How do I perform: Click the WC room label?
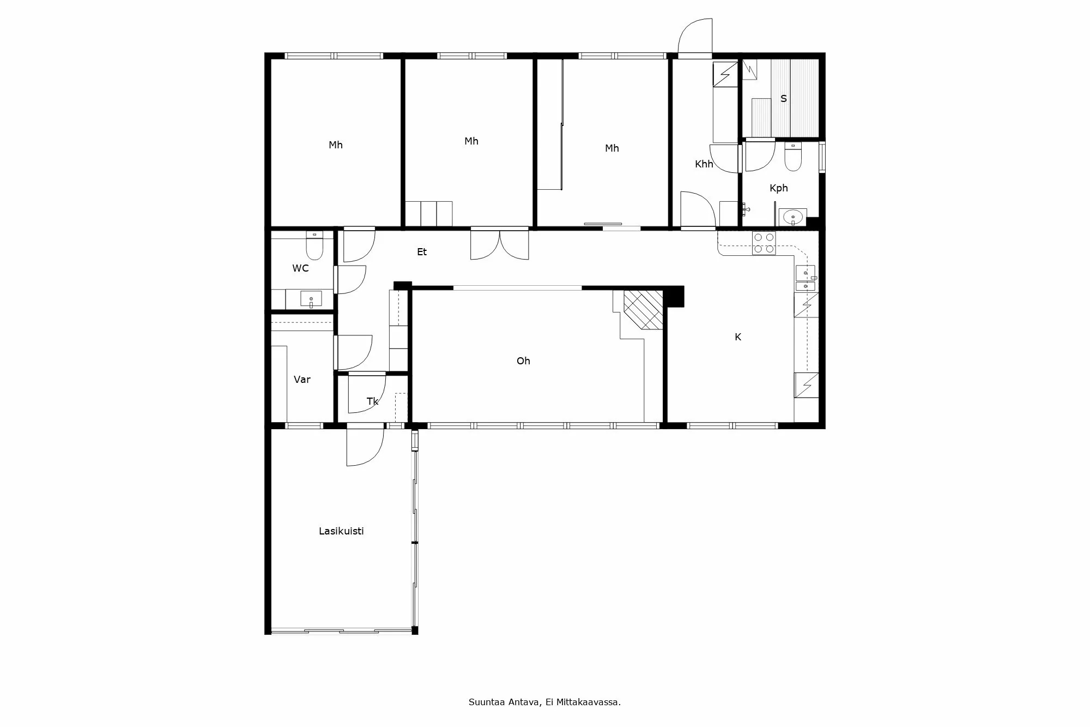coord(300,268)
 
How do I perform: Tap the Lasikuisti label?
coord(341,531)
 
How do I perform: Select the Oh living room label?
coord(523,361)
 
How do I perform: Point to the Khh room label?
coord(704,164)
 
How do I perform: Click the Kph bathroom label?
coord(778,188)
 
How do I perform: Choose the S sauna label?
coord(784,99)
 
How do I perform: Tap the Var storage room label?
coord(302,380)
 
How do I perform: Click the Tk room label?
coord(372,401)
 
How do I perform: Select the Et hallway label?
coord(422,252)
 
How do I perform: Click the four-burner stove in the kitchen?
coord(764,243)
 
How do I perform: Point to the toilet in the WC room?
coord(314,248)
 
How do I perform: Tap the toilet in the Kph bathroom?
coord(792,157)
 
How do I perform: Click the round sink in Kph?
coord(792,218)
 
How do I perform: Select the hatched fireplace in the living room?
coord(643,309)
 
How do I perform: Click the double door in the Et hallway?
coord(500,244)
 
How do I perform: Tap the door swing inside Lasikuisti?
coord(365,447)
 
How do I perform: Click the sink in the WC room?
coord(311,299)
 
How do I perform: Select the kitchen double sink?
coord(805,279)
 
